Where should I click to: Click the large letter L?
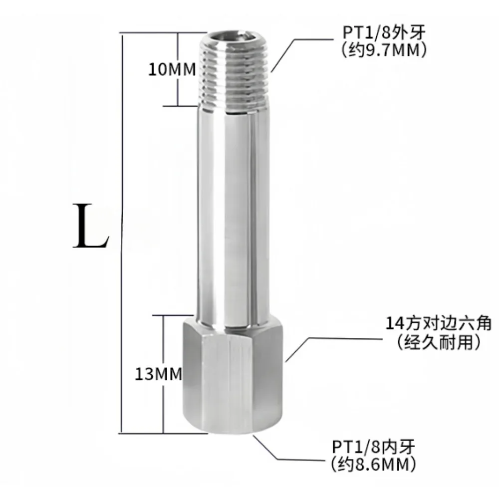[x=90, y=227]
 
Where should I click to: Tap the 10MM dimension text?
[x=171, y=69]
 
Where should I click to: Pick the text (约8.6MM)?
[x=373, y=464]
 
